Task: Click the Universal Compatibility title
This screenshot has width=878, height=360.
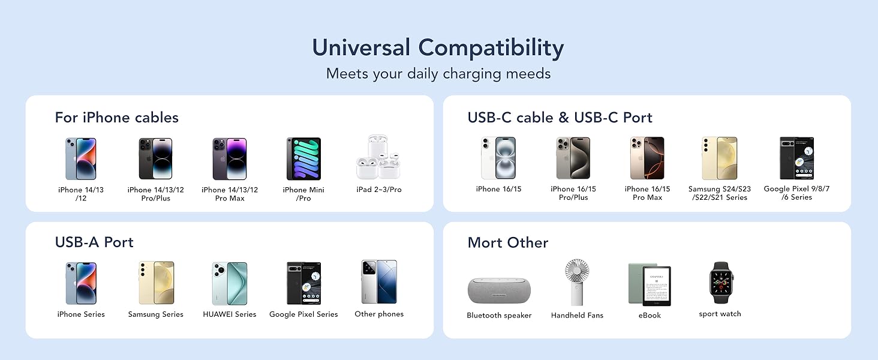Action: (x=438, y=48)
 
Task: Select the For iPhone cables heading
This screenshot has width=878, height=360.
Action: (x=116, y=117)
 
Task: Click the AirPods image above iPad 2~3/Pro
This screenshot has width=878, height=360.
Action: (x=378, y=157)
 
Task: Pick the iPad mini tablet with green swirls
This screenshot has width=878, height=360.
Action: (x=303, y=158)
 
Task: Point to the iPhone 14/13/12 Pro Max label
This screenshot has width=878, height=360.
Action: (x=230, y=194)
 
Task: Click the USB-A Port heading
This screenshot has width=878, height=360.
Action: (x=94, y=242)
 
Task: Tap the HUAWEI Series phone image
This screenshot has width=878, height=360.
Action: (x=229, y=283)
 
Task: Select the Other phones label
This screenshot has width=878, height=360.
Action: (x=379, y=314)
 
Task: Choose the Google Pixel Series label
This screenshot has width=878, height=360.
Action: (x=303, y=314)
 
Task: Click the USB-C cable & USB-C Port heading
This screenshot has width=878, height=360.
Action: (x=560, y=118)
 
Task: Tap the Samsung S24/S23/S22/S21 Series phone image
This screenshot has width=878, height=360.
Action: (x=719, y=158)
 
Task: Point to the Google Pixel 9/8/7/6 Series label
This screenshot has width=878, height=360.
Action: (x=796, y=193)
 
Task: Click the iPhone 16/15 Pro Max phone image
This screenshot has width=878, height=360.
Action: (x=647, y=158)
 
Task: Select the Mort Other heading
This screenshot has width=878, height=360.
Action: (x=507, y=242)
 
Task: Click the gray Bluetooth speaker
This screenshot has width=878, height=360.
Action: (x=499, y=290)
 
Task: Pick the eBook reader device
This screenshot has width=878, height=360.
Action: (x=650, y=284)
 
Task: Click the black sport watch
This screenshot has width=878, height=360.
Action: (x=720, y=283)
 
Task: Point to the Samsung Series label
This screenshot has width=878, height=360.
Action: (x=155, y=314)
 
